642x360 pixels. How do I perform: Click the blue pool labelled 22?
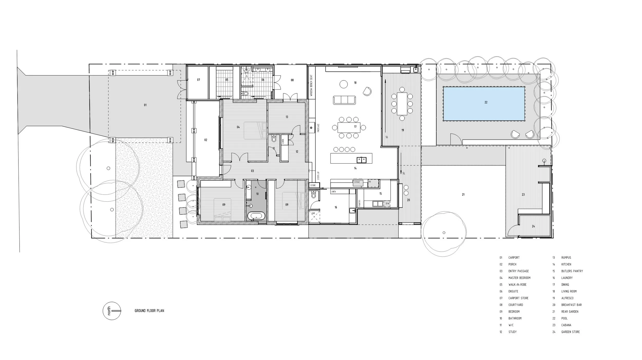tap(484, 104)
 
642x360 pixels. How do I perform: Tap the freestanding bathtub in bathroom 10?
tap(256, 216)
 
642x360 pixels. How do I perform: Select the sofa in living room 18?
tap(344, 100)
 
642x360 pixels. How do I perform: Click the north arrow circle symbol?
tap(112, 311)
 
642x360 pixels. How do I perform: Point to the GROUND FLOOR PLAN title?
tap(149, 311)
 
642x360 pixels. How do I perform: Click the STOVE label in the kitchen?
tap(357, 182)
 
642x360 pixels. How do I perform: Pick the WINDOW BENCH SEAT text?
tap(311, 86)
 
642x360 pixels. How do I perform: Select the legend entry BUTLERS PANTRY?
tap(572, 271)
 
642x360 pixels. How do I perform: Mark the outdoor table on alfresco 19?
tap(402, 104)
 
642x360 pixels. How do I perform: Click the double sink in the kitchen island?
tap(361, 160)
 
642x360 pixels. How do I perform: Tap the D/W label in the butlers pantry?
tap(388, 204)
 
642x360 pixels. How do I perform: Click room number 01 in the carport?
tap(145, 105)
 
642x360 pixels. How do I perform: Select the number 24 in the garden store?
tap(533, 226)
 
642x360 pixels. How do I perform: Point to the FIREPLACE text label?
tap(318, 128)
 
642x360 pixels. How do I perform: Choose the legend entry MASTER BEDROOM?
tap(519, 278)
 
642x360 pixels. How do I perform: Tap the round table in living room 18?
tap(344, 84)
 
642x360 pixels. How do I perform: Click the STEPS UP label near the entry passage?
tap(318, 176)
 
